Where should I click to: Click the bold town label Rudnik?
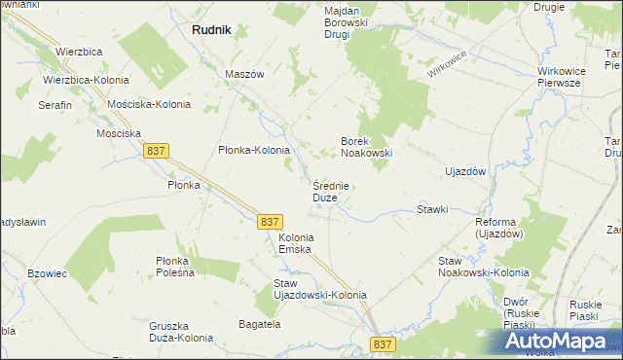click(211, 30)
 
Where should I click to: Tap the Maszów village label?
click(245, 74)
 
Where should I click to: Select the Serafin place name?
click(55, 104)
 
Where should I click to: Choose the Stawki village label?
click(432, 209)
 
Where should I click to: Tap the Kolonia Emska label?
click(296, 243)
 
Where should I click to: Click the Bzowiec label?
click(47, 274)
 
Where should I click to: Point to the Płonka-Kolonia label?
click(254, 150)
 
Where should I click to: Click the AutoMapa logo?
click(561, 341)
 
